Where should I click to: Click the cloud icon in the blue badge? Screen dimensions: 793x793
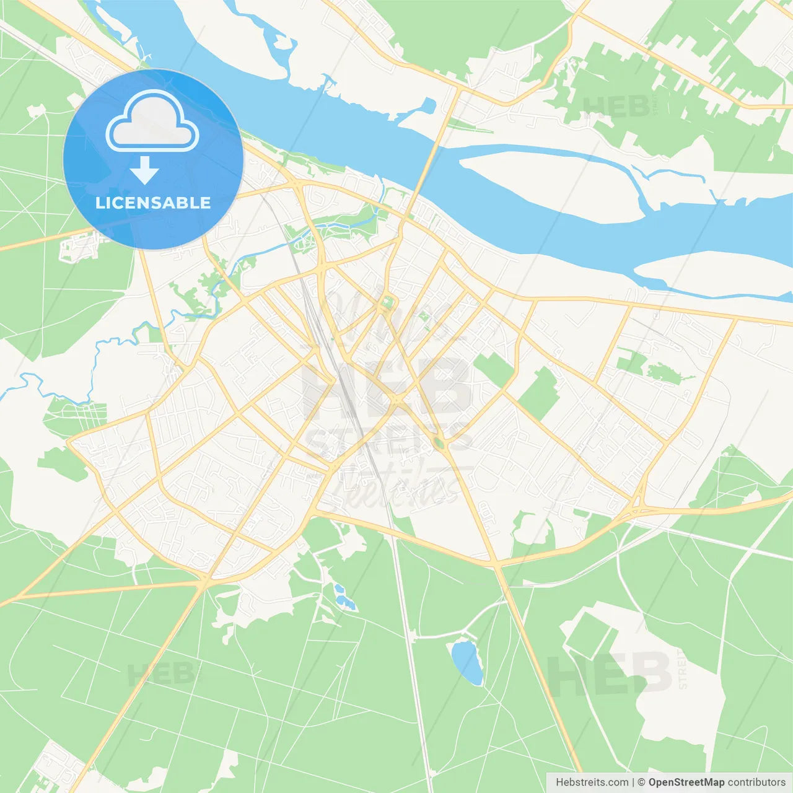tap(152, 121)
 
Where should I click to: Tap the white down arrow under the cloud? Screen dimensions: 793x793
tap(144, 170)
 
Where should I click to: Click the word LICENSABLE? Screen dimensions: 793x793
tap(153, 203)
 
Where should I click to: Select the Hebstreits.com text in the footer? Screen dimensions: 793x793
tap(592, 782)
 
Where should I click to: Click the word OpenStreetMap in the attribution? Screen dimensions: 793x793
tap(686, 782)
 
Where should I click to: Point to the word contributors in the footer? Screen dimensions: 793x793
tap(756, 782)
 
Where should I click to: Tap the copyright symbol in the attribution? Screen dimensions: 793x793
tap(641, 782)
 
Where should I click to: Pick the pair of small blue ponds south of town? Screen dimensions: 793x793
tap(343, 596)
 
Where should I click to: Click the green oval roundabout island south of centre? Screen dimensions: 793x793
tap(439, 442)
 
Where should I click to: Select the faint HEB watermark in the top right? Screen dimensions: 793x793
tap(616, 107)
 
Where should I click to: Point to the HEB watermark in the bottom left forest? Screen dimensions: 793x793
tap(162, 674)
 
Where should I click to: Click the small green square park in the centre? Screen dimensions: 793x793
tap(388, 303)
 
